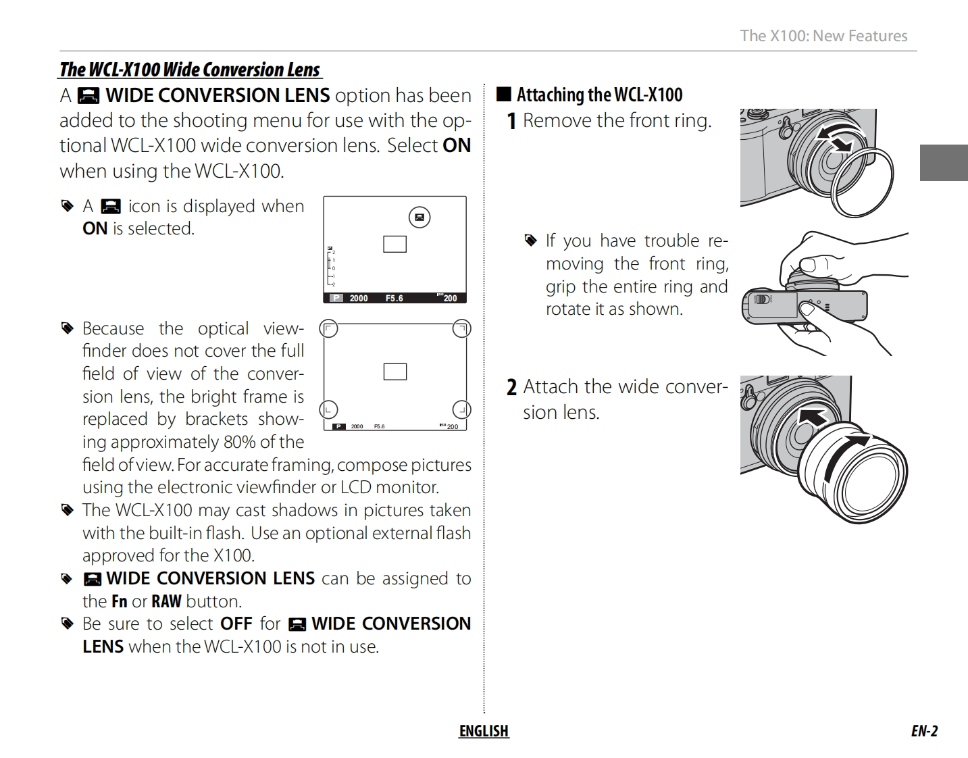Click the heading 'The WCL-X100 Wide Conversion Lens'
click(190, 70)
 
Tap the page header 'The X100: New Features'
click(823, 36)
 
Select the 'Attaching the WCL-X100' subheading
click(599, 95)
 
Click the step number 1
click(511, 121)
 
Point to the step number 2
click(511, 387)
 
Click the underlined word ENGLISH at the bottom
click(484, 731)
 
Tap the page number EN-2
click(923, 731)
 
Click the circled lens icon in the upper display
click(419, 217)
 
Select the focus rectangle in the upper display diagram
click(394, 244)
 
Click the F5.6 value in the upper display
click(394, 298)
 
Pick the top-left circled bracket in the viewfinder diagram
click(328, 329)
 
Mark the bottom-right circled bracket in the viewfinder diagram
click(461, 409)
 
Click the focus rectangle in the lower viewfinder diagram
click(394, 372)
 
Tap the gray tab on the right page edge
click(943, 163)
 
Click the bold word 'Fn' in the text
click(119, 601)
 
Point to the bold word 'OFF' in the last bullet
click(236, 624)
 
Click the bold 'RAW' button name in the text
click(166, 601)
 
